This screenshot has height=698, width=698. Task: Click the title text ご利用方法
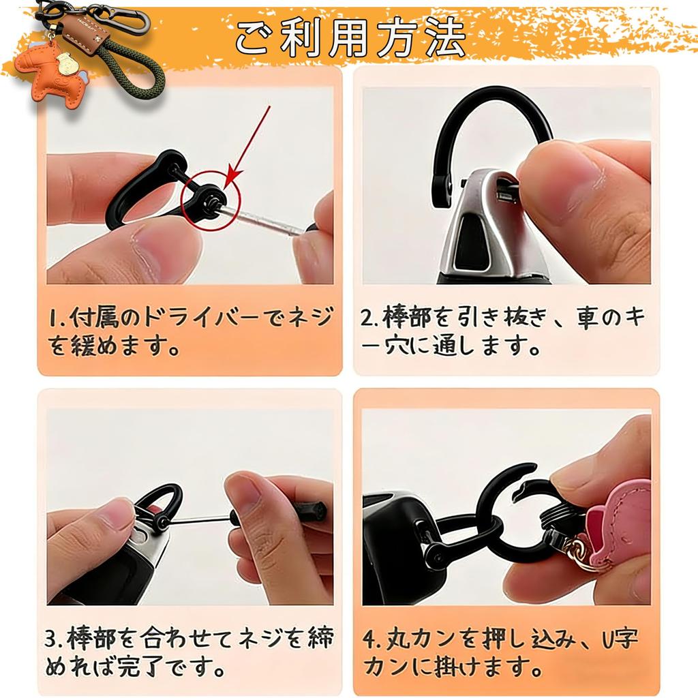point(350,38)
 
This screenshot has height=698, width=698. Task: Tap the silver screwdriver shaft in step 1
point(262,219)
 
